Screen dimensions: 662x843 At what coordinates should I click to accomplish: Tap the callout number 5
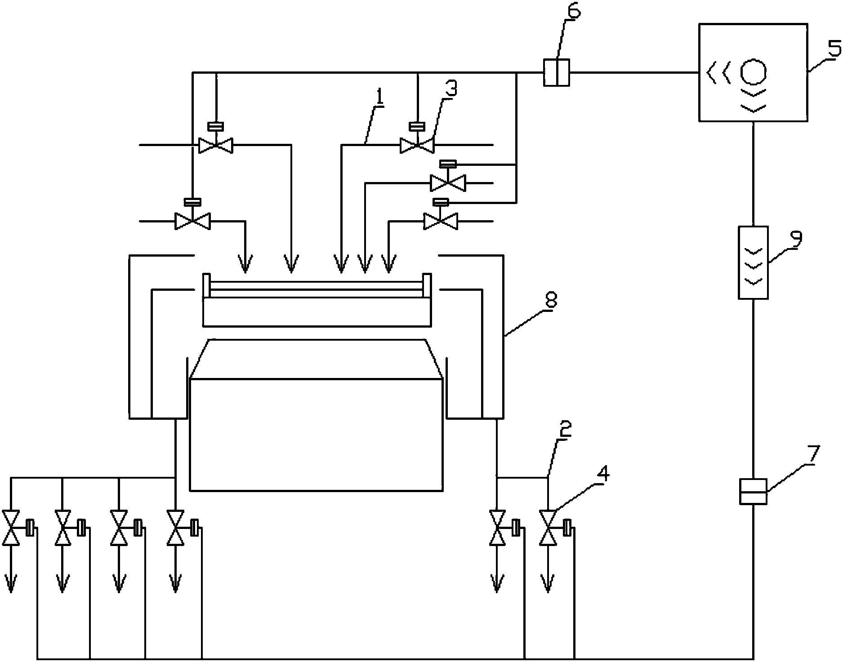pos(834,48)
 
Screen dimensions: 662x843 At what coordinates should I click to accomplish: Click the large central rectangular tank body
pos(316,434)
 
